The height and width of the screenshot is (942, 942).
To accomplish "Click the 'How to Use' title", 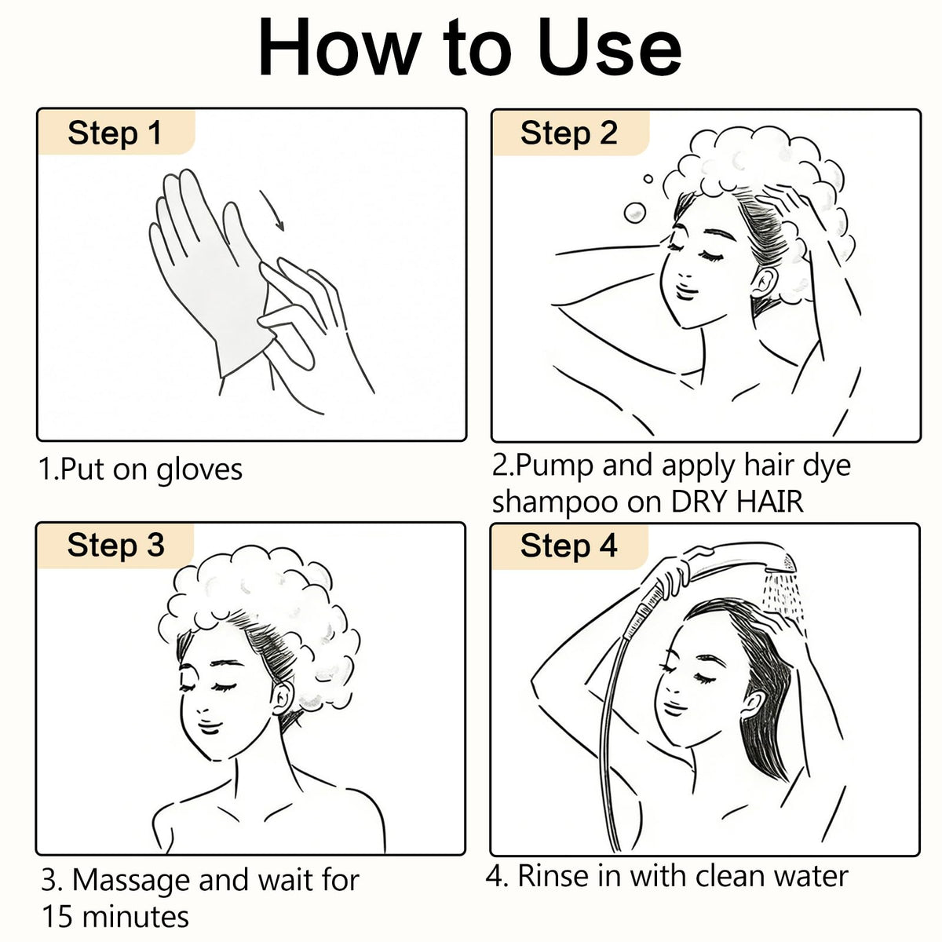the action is [469, 47].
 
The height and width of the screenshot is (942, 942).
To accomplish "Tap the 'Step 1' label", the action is [115, 133].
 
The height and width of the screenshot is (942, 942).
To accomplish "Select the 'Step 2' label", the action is [569, 133].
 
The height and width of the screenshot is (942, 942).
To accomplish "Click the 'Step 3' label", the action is [116, 545].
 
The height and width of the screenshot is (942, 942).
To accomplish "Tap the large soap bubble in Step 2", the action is [635, 213].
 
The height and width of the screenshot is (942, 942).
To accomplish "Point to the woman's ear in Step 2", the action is [763, 283].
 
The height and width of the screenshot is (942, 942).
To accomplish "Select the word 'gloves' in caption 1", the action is [199, 470].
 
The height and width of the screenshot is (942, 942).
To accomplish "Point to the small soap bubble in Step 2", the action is [648, 179].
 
